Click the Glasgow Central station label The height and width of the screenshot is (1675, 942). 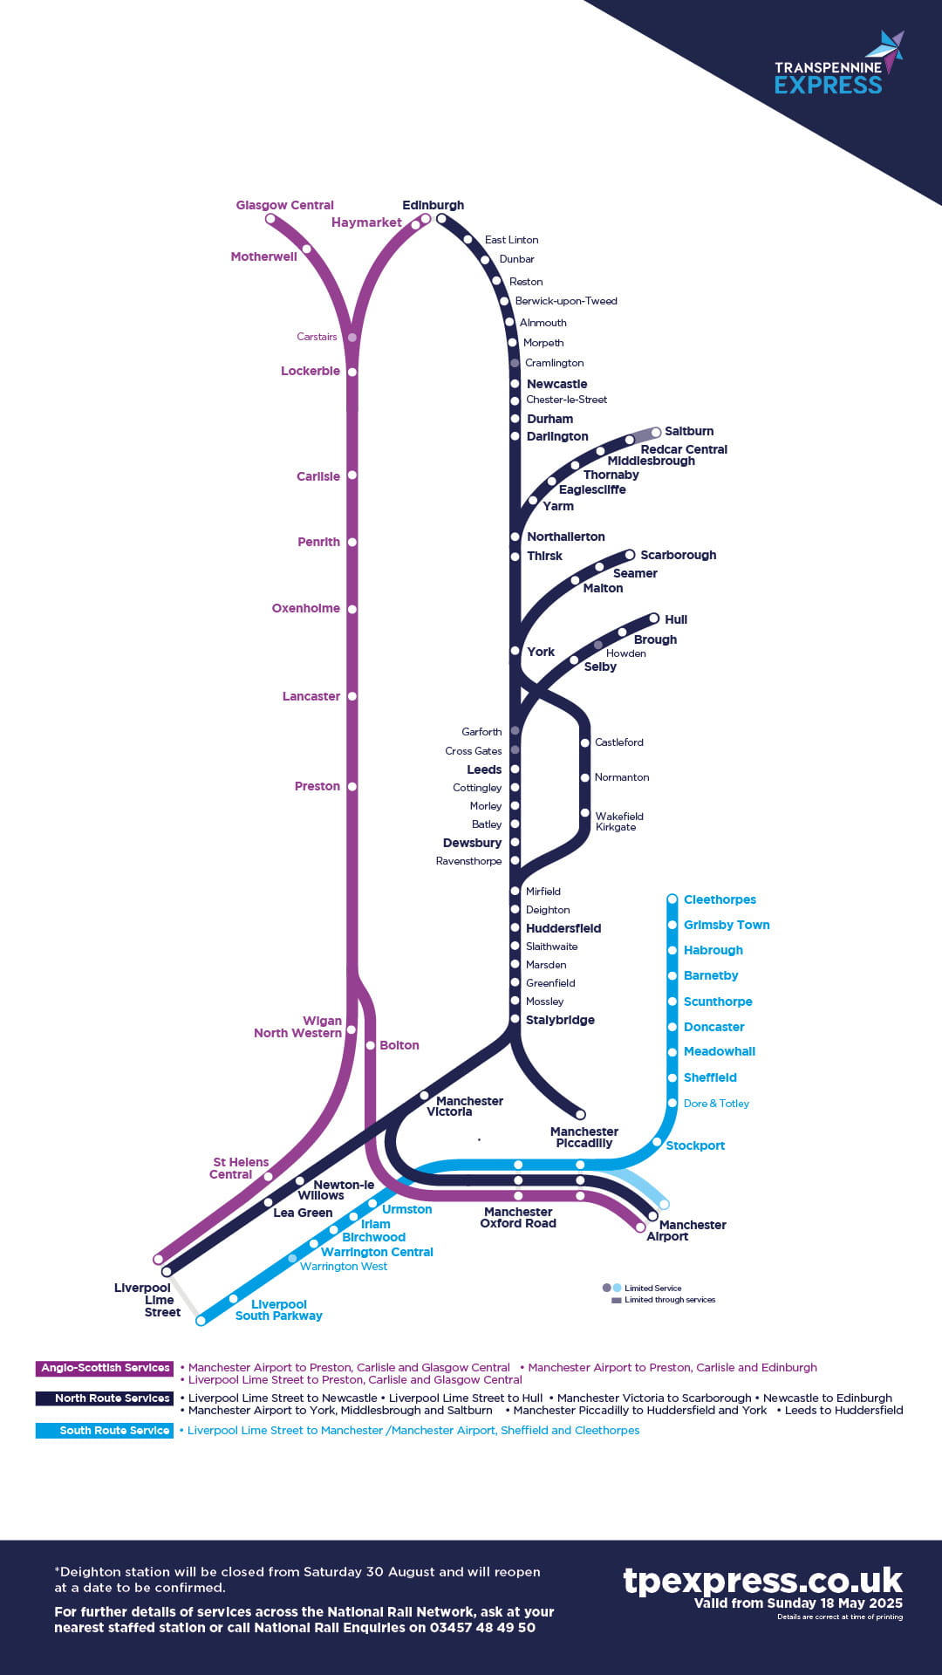(x=284, y=205)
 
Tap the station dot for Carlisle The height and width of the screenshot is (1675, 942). (x=352, y=475)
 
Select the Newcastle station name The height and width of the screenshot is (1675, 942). (x=556, y=384)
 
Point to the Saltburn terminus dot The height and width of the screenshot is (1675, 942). (x=656, y=432)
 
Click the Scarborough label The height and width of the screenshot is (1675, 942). (x=678, y=555)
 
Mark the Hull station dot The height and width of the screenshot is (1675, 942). (x=653, y=619)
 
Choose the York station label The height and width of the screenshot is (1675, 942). (x=540, y=652)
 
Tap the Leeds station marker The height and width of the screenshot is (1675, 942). (x=515, y=769)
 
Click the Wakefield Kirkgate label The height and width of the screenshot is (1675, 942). (x=618, y=821)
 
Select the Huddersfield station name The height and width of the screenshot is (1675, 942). (x=563, y=928)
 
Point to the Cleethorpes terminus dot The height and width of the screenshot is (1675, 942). (x=672, y=899)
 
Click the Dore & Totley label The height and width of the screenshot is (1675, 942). (x=716, y=1104)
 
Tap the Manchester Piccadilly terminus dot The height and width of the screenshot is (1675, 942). (x=580, y=1114)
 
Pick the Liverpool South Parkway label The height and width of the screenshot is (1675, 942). (x=278, y=1309)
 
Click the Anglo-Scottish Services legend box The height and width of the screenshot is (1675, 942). (x=105, y=1368)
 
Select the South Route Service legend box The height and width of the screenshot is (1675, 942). (x=105, y=1431)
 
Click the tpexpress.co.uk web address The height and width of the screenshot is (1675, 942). (x=761, y=1580)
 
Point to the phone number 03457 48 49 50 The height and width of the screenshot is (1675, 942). (x=481, y=1627)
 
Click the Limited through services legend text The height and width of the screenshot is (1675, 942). (x=669, y=1300)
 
